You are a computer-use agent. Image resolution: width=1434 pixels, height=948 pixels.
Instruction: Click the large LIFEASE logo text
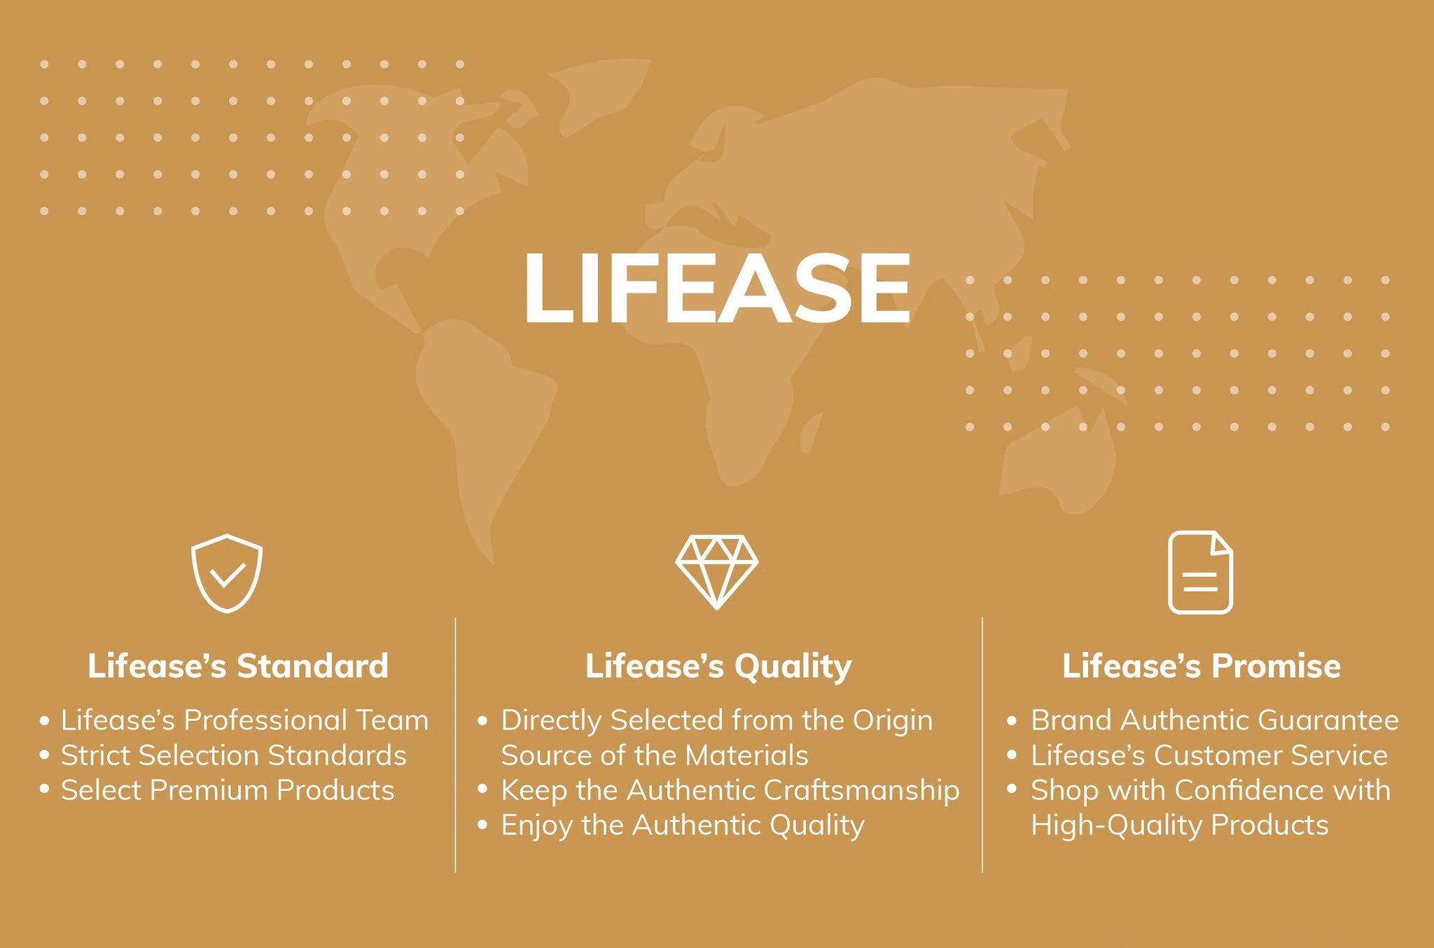tap(717, 288)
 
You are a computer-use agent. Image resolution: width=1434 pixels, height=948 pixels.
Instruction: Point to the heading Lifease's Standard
tap(238, 665)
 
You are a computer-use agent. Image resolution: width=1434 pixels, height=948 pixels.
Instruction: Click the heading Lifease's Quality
tap(718, 667)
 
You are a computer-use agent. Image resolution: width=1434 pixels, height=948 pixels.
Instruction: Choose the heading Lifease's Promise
tap(1202, 665)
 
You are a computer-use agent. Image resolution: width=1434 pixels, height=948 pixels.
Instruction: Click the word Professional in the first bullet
tap(266, 720)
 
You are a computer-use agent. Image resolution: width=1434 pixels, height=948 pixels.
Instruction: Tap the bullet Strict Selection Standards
tap(223, 755)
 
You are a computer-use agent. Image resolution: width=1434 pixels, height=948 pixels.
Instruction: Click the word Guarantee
tap(1335, 720)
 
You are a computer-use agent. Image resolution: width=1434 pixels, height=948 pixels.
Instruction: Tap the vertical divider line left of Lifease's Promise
tap(982, 745)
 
